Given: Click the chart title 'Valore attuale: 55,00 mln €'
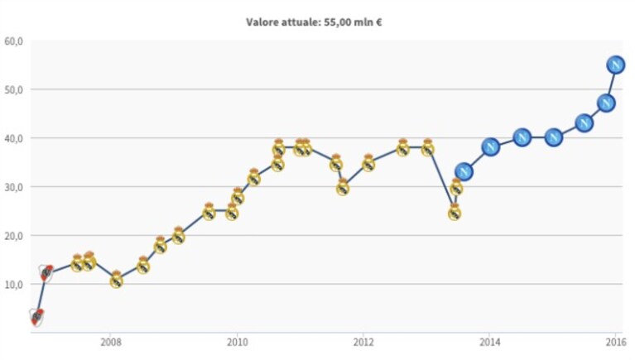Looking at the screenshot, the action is point(314,22).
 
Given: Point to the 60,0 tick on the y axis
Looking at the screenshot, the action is point(13,41).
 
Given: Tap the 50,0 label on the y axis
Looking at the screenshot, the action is point(13,89).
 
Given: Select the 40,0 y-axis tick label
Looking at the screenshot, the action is point(13,138).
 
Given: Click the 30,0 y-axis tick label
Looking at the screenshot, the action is point(13,187).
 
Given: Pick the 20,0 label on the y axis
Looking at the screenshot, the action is point(13,235).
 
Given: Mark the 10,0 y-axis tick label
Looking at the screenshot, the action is point(13,284).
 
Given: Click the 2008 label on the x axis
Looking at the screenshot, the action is point(111,343).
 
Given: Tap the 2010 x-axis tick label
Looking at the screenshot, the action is point(238,343).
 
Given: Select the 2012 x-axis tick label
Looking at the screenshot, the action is point(363,343).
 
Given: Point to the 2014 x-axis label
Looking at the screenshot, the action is point(490,343).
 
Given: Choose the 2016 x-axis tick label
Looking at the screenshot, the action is point(616,343).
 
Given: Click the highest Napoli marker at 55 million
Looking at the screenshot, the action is point(616,65).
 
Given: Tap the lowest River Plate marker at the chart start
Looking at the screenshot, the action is point(36,317).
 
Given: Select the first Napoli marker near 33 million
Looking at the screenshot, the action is point(464,172).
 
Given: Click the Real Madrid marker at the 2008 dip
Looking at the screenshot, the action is point(116,280).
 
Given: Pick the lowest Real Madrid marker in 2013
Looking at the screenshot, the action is point(455,212).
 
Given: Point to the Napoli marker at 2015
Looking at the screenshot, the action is point(554,137).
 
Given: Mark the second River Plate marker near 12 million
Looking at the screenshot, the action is point(46,273).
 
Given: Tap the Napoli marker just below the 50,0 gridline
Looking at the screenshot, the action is point(606,103).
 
